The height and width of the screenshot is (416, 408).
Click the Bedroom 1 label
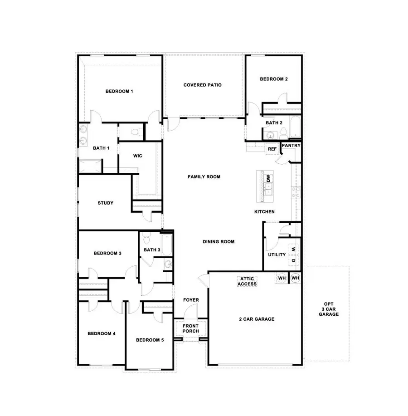[119, 91]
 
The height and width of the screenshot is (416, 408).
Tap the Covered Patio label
[202, 85]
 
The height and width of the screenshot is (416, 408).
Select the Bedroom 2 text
[274, 79]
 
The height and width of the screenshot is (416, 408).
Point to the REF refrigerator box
[272, 149]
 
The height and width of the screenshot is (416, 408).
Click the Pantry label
[291, 146]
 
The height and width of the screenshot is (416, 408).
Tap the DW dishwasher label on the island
[268, 178]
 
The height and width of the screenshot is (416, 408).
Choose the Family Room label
[204, 176]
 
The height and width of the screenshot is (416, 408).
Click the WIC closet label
[138, 156]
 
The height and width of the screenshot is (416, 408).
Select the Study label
[106, 203]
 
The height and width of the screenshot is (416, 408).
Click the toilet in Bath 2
[283, 132]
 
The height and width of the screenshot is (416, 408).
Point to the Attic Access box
[248, 281]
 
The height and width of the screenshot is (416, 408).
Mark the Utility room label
[277, 254]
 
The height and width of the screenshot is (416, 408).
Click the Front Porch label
[190, 328]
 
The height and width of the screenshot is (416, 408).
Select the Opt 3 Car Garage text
[328, 309]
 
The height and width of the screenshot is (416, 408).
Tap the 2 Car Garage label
[257, 319]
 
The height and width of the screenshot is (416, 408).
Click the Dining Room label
[219, 241]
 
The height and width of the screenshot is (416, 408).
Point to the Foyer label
[191, 300]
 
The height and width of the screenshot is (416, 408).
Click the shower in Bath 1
[90, 166]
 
